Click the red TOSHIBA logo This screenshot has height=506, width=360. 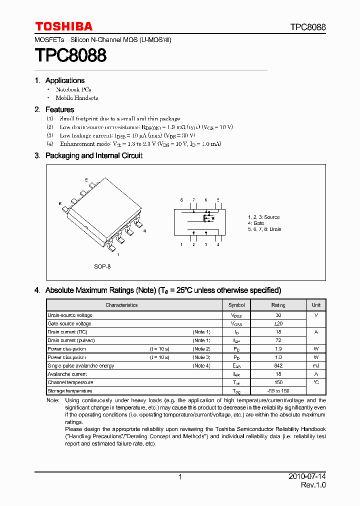tap(63, 26)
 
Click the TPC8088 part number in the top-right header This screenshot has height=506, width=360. tap(307, 27)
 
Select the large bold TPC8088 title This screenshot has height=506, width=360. tap(70, 55)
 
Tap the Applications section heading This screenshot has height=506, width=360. tap(65, 80)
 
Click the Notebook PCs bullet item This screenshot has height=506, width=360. tap(73, 89)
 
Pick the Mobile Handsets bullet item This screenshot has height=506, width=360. tap(77, 98)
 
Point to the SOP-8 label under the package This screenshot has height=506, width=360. tap(102, 266)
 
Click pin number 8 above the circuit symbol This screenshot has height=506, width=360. tap(181, 200)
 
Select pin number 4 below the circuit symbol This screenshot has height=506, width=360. tap(218, 244)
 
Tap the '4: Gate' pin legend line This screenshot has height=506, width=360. tap(256, 223)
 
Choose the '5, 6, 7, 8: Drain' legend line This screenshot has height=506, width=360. tap(264, 229)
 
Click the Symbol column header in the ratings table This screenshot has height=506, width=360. tap(236, 305)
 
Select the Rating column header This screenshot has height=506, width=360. tap(278, 305)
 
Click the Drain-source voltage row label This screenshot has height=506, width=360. tap(70, 315)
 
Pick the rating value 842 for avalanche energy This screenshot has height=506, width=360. tap(278, 366)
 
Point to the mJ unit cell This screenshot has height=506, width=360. tap(316, 366)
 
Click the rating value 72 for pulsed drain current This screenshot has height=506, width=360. tap(278, 340)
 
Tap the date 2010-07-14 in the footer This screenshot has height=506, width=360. tap(307, 477)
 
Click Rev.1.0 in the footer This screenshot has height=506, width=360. tap(313, 485)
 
